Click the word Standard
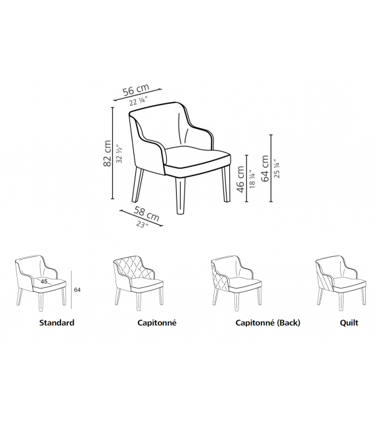(x=56, y=323)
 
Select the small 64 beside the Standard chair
(x=78, y=289)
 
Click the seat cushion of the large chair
(x=197, y=156)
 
